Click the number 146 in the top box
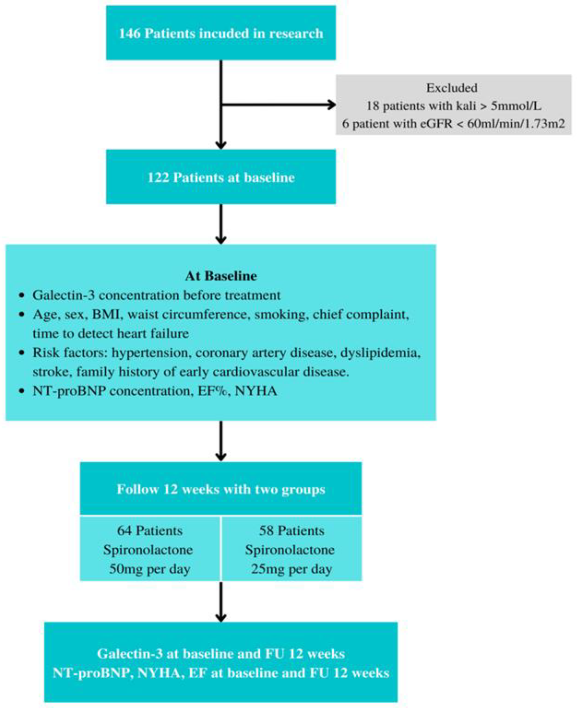coord(130,34)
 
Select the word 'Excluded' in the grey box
coord(452,88)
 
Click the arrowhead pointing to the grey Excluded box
coord(332,105)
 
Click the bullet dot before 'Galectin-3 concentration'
coord(22,295)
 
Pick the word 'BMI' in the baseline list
coord(106,314)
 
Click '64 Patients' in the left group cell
coord(150,531)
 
